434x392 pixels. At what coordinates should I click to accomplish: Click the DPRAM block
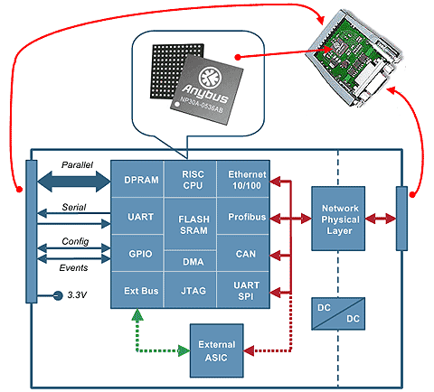click(x=137, y=179)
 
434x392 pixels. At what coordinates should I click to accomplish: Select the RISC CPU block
click(x=191, y=179)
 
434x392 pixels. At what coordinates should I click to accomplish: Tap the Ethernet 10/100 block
click(x=243, y=179)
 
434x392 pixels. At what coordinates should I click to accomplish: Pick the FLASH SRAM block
click(x=191, y=224)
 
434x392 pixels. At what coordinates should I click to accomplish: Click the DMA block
click(x=191, y=261)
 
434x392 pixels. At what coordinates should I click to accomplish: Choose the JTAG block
click(x=191, y=290)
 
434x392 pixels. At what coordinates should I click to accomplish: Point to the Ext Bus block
click(x=137, y=290)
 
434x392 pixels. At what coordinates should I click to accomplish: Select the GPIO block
click(x=137, y=254)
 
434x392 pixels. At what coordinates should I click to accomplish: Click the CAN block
click(x=243, y=254)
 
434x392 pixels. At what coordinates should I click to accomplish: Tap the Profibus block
click(x=243, y=216)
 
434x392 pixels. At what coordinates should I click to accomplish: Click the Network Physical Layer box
click(x=338, y=219)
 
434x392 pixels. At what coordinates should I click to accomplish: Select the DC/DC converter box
click(x=338, y=313)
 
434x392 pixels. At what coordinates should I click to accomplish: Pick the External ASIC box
click(x=217, y=350)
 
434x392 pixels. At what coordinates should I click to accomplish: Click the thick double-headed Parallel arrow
click(x=74, y=182)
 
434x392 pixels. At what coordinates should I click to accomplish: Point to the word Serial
click(x=74, y=207)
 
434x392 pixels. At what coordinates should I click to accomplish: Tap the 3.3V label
click(x=77, y=295)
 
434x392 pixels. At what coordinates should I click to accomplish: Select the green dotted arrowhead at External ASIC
click(x=184, y=350)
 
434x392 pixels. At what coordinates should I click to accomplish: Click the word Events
click(x=73, y=268)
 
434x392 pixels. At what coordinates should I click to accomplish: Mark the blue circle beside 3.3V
click(x=57, y=295)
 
